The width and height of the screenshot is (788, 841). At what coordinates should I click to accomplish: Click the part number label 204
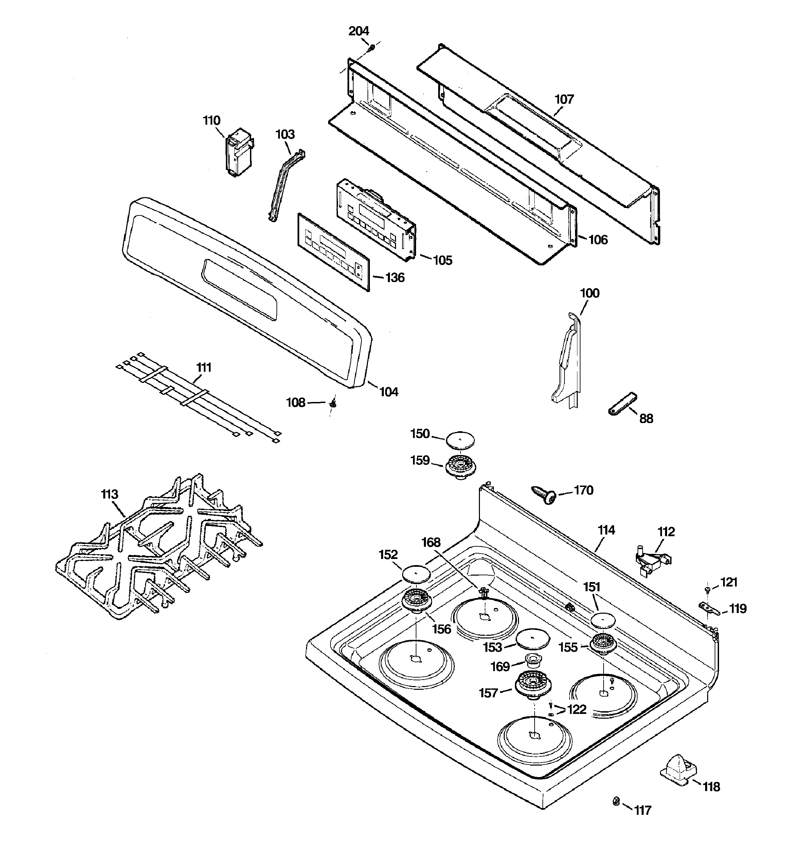pyautogui.click(x=359, y=31)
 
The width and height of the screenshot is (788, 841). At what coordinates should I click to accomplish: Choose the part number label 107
pyautogui.click(x=564, y=100)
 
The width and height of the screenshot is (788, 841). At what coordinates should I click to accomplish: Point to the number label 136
pyautogui.click(x=395, y=278)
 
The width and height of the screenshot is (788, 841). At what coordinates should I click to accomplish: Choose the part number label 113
pyautogui.click(x=110, y=494)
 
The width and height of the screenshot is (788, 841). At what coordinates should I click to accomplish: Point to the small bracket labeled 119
pyautogui.click(x=708, y=609)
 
